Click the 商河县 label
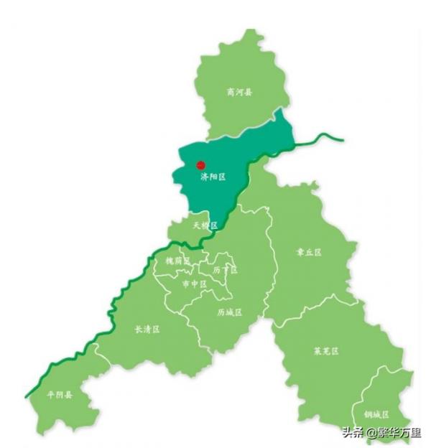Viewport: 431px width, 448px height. (239, 92)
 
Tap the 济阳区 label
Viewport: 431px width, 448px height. (213, 176)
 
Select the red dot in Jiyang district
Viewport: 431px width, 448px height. (201, 165)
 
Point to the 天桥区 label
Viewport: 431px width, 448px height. (205, 225)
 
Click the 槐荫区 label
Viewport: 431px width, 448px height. (177, 261)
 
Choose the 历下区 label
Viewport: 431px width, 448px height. (225, 270)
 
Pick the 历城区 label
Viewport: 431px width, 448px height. (229, 312)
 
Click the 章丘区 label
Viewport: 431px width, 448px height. (309, 253)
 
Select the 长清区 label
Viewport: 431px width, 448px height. (147, 330)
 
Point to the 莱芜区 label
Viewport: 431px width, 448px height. (326, 351)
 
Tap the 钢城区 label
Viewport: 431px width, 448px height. (376, 415)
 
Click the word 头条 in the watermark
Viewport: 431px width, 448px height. (352, 432)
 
